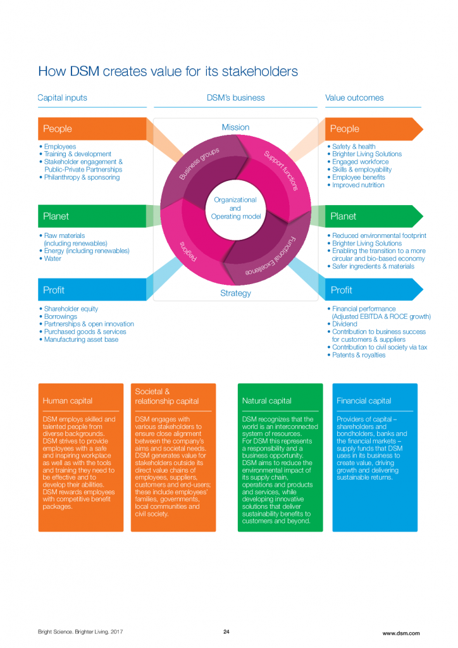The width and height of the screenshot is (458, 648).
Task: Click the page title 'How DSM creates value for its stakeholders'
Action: coord(168,71)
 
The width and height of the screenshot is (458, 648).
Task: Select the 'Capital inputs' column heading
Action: coord(63,98)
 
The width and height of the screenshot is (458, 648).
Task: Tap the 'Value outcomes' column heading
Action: coord(354,98)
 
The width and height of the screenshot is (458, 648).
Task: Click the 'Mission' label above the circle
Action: coord(235,127)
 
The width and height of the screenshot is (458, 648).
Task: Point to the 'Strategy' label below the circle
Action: coord(235,293)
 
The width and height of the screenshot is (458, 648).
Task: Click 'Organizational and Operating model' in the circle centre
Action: coord(235,208)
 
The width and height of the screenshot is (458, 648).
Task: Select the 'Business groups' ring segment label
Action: coord(199,164)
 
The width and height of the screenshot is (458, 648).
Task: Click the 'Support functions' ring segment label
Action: coord(280,170)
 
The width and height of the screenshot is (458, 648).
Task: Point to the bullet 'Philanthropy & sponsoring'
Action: coord(82,177)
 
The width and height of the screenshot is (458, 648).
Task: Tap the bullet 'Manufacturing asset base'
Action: coord(81,339)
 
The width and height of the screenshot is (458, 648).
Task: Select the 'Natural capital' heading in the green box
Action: coord(267,401)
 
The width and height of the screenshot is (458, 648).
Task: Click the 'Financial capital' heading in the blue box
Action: coord(364,401)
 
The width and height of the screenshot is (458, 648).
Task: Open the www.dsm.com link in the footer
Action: coord(400,633)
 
